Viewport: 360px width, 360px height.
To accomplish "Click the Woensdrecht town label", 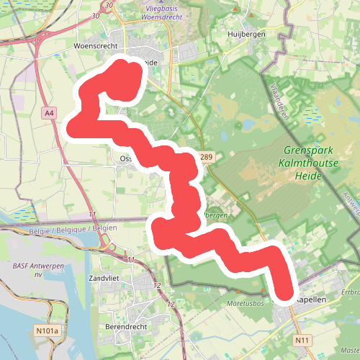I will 96,45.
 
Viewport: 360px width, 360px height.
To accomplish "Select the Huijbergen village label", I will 246,34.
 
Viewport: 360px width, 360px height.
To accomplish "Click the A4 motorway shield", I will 49,113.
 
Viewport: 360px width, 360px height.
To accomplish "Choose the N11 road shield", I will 302,340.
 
